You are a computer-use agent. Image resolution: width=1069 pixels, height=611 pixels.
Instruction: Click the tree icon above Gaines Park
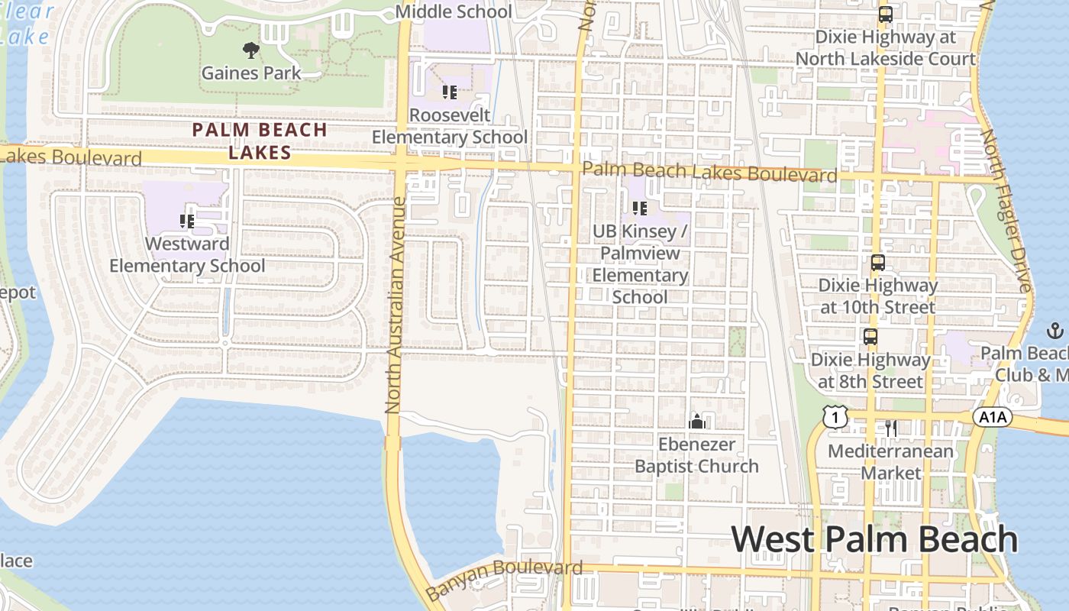click(250, 51)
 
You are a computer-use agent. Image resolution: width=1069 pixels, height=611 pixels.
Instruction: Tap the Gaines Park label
click(250, 73)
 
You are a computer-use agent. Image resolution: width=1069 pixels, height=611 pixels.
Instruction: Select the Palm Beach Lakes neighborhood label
click(260, 141)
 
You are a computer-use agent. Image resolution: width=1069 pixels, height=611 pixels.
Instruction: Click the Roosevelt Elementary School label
click(449, 126)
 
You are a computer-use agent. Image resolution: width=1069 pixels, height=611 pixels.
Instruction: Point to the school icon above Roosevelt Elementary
click(450, 92)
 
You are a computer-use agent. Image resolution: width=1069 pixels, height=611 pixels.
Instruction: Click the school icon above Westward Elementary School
click(187, 221)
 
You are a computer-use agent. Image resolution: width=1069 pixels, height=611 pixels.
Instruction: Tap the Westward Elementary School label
click(187, 255)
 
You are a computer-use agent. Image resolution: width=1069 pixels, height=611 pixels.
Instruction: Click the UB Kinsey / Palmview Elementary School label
click(640, 263)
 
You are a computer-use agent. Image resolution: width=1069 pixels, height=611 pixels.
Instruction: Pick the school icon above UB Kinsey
click(640, 208)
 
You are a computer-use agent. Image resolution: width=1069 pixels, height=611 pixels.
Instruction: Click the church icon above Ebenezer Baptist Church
click(696, 421)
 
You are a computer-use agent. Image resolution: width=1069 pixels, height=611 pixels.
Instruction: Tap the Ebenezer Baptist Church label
click(696, 455)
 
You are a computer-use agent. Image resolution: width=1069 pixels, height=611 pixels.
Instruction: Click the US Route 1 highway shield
click(836, 417)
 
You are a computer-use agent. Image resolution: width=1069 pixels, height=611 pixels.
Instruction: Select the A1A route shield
click(993, 417)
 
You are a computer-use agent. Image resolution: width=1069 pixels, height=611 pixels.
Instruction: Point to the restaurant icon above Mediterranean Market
click(891, 428)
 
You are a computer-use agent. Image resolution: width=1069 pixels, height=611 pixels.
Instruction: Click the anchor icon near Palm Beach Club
click(1054, 331)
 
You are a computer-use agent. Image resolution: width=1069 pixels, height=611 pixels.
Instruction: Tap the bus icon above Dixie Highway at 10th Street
click(877, 263)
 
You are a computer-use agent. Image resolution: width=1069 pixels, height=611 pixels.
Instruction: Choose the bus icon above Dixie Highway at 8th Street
click(870, 337)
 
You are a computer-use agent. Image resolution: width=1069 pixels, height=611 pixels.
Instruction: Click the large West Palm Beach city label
click(875, 539)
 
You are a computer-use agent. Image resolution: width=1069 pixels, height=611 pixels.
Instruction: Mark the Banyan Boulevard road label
click(504, 579)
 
